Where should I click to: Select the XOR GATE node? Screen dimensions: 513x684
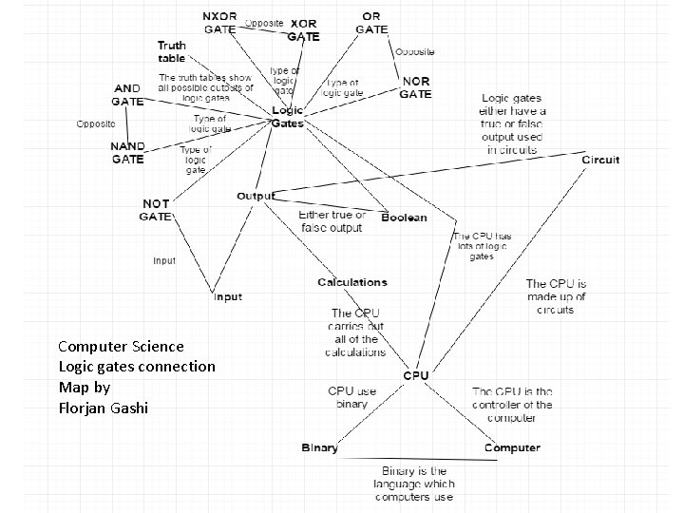(x=304, y=29)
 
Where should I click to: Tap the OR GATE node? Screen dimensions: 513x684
(x=371, y=23)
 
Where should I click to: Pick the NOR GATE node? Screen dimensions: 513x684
(x=415, y=87)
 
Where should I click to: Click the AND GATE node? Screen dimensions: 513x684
(x=127, y=94)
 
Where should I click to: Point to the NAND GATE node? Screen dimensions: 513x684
(x=128, y=153)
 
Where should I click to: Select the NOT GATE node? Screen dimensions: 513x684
(x=156, y=210)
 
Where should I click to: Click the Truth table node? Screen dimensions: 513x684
(x=172, y=51)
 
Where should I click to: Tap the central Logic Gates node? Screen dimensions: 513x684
(x=287, y=117)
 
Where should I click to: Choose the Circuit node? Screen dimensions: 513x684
(x=600, y=160)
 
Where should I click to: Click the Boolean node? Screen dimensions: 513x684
(x=404, y=218)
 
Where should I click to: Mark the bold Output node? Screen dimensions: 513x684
(x=255, y=196)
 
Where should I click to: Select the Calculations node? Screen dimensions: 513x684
(x=352, y=282)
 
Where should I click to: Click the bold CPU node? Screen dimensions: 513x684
(x=416, y=375)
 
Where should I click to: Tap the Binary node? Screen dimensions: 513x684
(x=319, y=447)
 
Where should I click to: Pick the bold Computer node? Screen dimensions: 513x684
(x=512, y=447)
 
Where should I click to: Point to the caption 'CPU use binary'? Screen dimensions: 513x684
(x=352, y=397)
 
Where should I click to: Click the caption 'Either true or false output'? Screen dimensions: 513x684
(x=332, y=221)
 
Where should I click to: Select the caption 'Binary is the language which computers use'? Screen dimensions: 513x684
(x=413, y=484)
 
